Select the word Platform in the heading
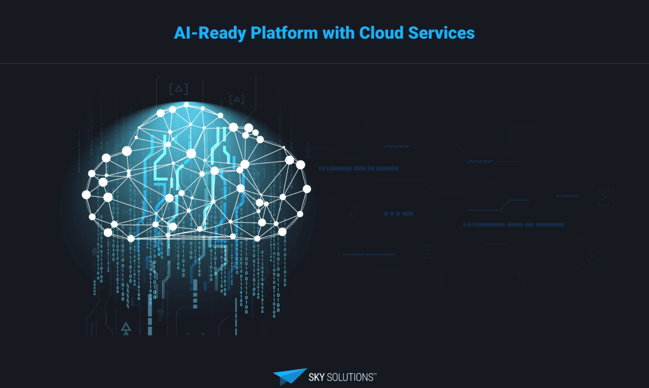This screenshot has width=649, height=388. point(284,33)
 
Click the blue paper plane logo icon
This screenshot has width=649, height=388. point(289,376)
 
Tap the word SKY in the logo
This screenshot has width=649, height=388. point(316,377)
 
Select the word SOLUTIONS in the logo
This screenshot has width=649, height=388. point(350,377)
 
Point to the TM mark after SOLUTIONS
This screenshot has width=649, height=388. point(375,374)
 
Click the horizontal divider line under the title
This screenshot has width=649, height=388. point(324,63)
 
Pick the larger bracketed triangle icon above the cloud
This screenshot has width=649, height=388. point(178,89)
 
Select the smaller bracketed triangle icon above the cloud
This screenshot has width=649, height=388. point(237,99)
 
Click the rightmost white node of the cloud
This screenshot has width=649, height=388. point(307,189)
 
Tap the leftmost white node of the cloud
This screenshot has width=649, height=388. point(86,195)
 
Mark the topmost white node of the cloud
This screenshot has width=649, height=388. point(186,105)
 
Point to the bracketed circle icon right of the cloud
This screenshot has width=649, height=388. point(353,214)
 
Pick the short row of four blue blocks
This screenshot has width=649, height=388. point(398,214)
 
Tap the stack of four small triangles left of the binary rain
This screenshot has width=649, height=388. point(95,287)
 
